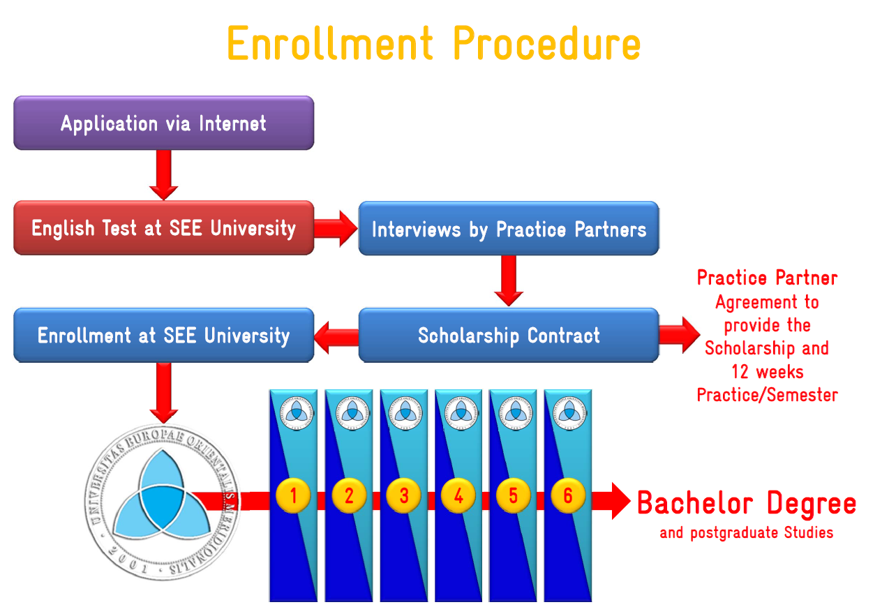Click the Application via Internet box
[163, 123]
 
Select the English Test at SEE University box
[163, 228]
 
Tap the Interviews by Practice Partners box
[509, 229]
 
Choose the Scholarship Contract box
[509, 336]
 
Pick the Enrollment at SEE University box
[163, 336]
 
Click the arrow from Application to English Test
[164, 175]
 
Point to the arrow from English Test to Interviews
[336, 228]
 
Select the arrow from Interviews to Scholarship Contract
[509, 280]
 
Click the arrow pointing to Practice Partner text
[680, 335]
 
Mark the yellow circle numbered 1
[293, 496]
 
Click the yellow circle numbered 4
[458, 496]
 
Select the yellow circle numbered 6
[568, 496]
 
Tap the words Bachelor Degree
[746, 503]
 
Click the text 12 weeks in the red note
[767, 371]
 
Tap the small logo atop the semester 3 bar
[404, 412]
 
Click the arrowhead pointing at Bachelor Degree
[620, 500]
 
